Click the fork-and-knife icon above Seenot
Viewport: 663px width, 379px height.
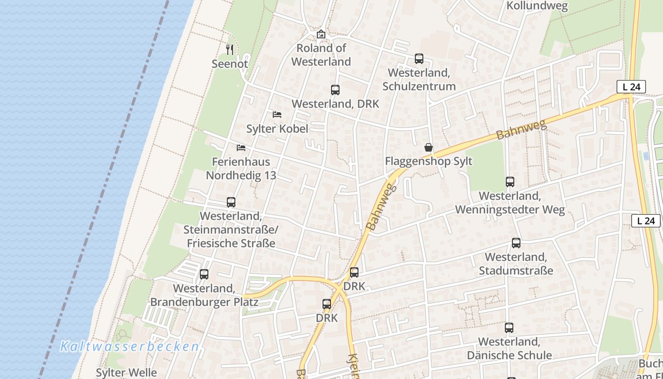[x=230, y=49]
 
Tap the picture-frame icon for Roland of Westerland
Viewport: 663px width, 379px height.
[x=321, y=34]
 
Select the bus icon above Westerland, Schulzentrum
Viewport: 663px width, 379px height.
[x=419, y=59]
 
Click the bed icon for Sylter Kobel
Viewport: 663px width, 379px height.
[x=277, y=115]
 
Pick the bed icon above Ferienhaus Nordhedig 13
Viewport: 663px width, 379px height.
[x=241, y=148]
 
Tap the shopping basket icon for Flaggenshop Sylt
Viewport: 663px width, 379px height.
[x=429, y=147]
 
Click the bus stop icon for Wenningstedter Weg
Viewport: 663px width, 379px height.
[x=510, y=182]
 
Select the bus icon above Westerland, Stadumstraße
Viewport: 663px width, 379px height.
[x=516, y=243]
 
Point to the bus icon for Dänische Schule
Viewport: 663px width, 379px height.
[x=509, y=328]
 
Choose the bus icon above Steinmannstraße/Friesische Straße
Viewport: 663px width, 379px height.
[x=231, y=202]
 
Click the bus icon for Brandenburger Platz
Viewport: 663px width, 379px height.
[x=204, y=274]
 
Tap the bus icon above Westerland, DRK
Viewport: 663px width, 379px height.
[x=335, y=90]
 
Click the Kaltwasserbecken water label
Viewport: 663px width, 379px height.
[x=129, y=346]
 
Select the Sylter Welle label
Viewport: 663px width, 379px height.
[x=126, y=372]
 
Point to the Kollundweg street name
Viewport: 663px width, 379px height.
[x=537, y=6]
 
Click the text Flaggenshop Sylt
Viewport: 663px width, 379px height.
[x=429, y=161]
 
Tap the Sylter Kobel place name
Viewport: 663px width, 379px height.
[x=277, y=128]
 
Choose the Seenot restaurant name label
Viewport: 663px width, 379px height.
[x=230, y=63]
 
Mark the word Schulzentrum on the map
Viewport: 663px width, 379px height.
[x=419, y=86]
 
